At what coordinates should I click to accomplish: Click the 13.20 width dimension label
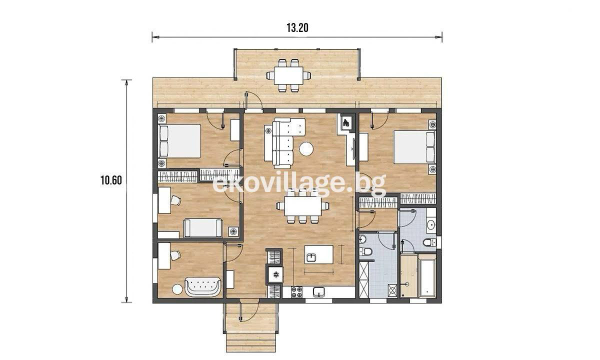tap(297, 28)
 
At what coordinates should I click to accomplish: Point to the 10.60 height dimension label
tap(111, 180)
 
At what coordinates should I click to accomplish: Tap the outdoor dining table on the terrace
tap(288, 75)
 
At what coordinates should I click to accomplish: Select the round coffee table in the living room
tap(306, 148)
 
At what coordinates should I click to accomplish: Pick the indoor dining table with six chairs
tap(303, 206)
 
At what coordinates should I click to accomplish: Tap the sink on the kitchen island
tap(311, 257)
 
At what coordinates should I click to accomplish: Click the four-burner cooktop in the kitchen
tap(297, 292)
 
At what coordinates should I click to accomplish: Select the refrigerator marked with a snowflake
tap(275, 274)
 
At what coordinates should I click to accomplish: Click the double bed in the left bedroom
tap(179, 141)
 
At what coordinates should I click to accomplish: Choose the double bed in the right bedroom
tap(414, 147)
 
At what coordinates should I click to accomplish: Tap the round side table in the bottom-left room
tap(177, 289)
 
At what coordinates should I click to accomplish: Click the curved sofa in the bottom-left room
tap(203, 286)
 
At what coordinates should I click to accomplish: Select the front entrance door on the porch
tap(249, 312)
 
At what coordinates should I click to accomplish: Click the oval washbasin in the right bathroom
tap(431, 224)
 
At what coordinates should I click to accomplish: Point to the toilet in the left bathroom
tap(366, 251)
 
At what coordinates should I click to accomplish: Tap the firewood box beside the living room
tap(346, 122)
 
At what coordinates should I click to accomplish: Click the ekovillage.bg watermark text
tap(299, 184)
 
